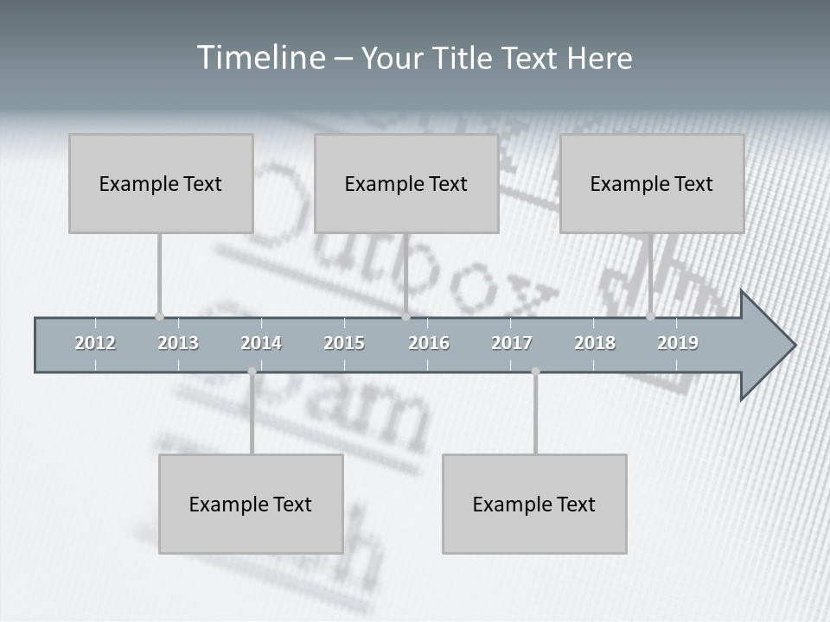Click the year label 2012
tap(95, 343)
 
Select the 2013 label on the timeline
tap(178, 343)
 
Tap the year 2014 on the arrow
tap(261, 343)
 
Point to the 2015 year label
tap(344, 343)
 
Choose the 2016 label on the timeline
tap(429, 343)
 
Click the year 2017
tap(512, 343)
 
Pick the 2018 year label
tap(595, 343)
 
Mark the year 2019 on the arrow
tap(678, 343)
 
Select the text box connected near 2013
tap(161, 183)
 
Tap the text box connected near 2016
tap(406, 183)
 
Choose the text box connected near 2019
tap(652, 183)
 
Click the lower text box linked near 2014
tap(251, 504)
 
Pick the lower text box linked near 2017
tap(534, 504)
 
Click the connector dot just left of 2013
tap(159, 316)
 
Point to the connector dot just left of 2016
tap(405, 316)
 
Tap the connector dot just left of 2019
tap(650, 316)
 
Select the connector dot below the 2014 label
tap(252, 371)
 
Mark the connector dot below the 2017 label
tap(535, 371)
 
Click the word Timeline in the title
tap(259, 58)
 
